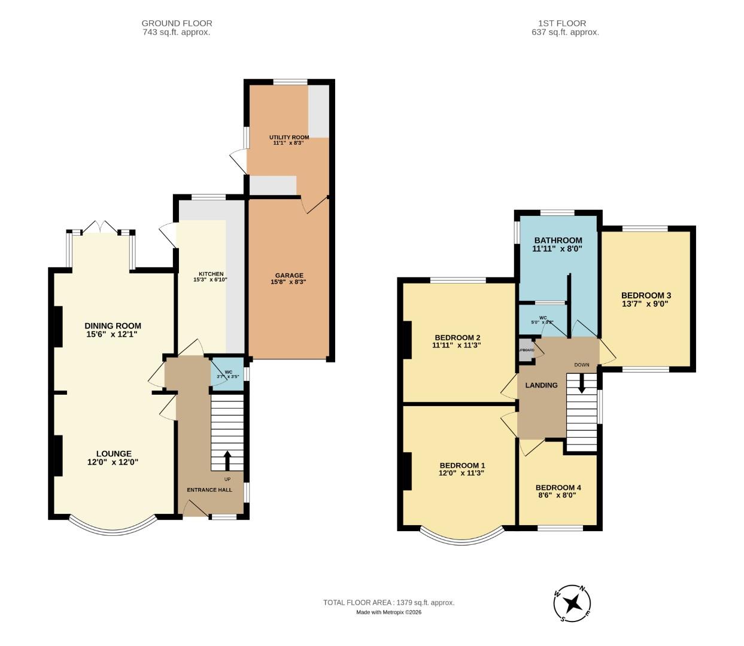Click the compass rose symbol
pos(573,603)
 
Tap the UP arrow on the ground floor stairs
pos(227,460)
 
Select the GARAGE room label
pos(289,276)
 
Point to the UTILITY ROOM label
pos(289,138)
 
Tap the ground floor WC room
pos(227,375)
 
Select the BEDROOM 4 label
pos(558,487)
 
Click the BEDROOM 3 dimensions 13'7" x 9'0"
pos(645,304)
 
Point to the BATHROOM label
pos(558,240)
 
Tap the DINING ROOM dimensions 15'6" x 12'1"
pos(113,334)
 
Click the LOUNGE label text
pos(113,454)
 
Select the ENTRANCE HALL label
pos(209,490)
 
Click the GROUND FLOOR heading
pos(177,23)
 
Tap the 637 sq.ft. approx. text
pos(565,32)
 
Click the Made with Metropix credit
pos(388,612)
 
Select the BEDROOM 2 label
pos(457,337)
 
